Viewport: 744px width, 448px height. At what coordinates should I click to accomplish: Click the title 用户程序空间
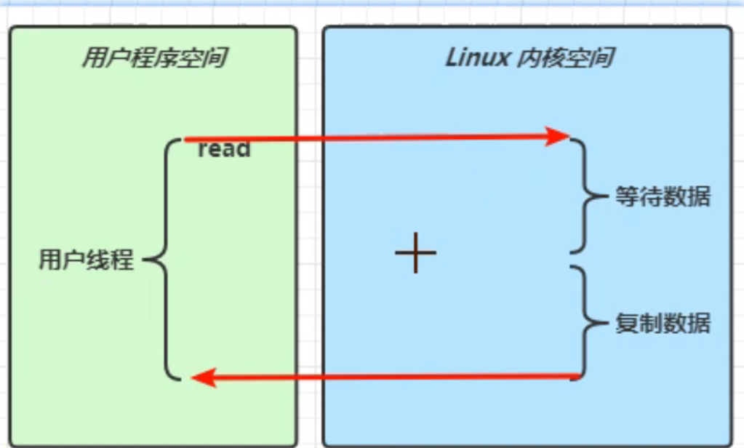tap(153, 57)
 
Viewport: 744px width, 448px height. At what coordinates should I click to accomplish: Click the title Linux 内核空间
tap(528, 57)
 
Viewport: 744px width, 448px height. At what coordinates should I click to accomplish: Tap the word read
tap(224, 149)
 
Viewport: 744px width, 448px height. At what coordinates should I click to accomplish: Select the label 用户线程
tap(86, 260)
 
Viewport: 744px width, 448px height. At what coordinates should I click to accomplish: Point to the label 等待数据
tap(662, 196)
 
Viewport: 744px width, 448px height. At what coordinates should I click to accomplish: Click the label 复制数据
tap(662, 323)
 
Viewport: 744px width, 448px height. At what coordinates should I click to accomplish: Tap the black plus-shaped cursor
tap(415, 253)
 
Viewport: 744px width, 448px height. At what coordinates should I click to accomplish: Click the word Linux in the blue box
tap(477, 57)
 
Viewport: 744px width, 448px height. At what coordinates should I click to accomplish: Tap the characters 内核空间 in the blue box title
tap(563, 57)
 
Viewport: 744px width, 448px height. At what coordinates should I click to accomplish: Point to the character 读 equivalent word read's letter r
tap(203, 150)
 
